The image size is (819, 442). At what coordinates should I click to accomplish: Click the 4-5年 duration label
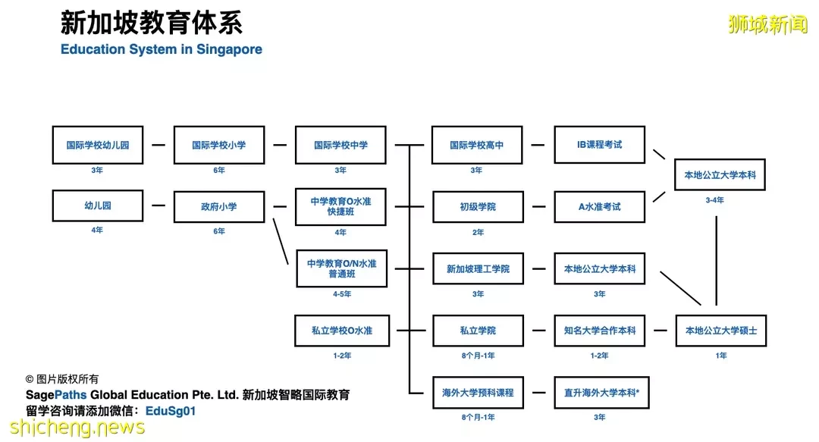point(342,294)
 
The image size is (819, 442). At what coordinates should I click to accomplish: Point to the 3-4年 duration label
point(714,200)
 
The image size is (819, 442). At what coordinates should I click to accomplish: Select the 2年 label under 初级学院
point(478,232)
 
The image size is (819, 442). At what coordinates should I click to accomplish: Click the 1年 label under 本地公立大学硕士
point(721,356)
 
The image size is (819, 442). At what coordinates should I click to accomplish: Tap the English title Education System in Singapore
point(162,49)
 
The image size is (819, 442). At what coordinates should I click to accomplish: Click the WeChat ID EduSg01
point(171,411)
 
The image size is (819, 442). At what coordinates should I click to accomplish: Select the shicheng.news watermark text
point(77,427)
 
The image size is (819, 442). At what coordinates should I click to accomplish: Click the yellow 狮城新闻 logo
point(767,24)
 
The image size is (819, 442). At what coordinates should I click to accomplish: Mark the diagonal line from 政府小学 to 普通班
point(281,241)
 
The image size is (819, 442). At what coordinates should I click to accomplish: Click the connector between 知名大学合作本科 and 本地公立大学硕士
point(661,331)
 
